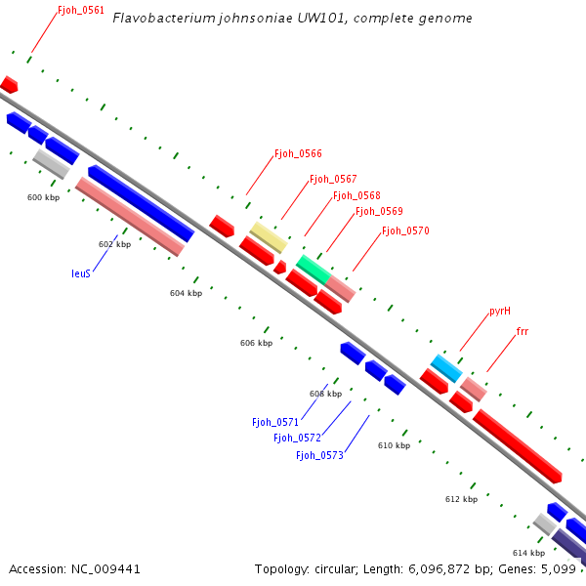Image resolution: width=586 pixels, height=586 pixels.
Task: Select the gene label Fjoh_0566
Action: (298, 153)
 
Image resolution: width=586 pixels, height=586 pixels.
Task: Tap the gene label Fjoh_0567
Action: (333, 179)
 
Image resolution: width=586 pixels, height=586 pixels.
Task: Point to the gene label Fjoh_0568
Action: (356, 195)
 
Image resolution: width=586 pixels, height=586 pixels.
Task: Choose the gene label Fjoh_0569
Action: (379, 211)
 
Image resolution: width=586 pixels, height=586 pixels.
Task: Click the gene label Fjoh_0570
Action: (405, 230)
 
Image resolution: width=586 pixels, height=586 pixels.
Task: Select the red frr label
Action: (523, 332)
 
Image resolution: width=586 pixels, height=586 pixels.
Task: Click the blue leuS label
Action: (81, 273)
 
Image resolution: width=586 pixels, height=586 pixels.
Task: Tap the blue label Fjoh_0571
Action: (274, 422)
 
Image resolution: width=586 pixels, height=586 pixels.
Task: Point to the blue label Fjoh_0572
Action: (297, 438)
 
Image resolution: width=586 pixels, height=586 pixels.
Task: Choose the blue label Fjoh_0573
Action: (319, 455)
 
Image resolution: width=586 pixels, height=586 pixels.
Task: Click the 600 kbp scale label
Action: (44, 197)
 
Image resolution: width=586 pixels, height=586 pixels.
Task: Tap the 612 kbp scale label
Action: (461, 499)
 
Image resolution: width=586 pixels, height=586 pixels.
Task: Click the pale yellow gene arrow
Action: (269, 236)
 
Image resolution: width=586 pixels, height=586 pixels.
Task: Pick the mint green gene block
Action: (314, 268)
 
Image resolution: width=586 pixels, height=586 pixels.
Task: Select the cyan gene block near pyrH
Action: (446, 368)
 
